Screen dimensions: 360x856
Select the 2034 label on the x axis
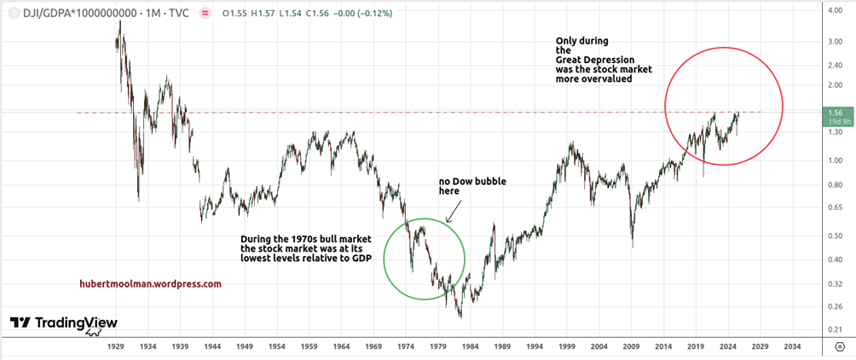[792, 347]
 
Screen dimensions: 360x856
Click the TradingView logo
[63, 323]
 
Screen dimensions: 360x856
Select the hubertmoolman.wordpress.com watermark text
[149, 284]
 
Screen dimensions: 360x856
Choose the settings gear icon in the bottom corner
[840, 347]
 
